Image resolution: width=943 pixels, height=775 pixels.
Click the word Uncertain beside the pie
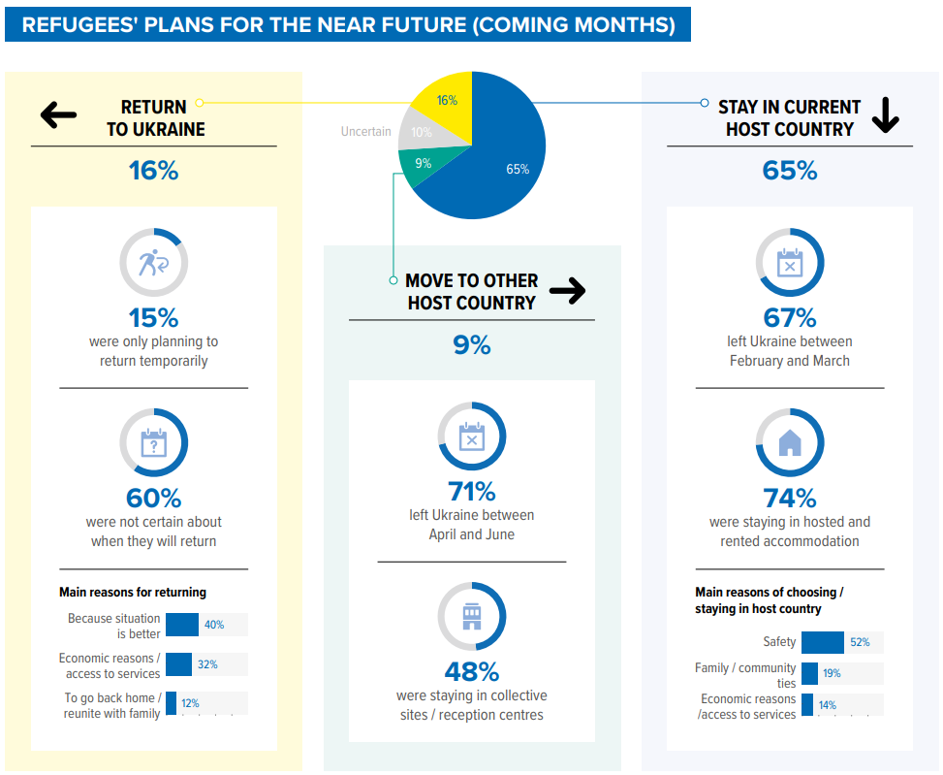pos(365,132)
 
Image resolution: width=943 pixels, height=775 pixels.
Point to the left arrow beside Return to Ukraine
pos(58,116)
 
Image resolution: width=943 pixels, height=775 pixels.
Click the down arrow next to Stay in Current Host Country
pos(885,116)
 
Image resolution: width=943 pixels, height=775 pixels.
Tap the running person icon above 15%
pos(153,263)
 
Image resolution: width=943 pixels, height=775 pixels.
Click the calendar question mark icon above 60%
pos(153,443)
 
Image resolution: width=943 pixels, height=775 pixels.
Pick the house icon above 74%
pos(790,443)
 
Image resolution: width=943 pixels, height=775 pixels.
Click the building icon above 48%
pos(471,617)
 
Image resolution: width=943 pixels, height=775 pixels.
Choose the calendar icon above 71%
pos(471,436)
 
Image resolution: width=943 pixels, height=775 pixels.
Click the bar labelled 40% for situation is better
pos(182,625)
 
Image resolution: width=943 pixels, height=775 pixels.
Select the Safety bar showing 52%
pos(823,642)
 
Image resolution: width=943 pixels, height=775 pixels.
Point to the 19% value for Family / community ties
pos(832,673)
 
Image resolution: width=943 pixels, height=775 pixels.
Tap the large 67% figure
pos(790,317)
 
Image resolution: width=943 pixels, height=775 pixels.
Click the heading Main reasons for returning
pos(133,592)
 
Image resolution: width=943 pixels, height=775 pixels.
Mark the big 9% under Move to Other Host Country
pos(472,344)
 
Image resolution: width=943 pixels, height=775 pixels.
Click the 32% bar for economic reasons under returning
pos(178,664)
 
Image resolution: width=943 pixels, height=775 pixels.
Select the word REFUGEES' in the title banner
pos(77,24)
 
